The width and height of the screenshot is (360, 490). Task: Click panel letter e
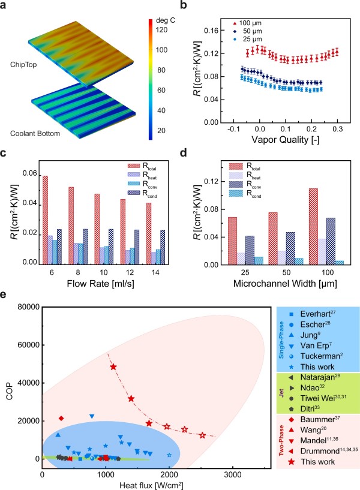pos(5,296)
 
